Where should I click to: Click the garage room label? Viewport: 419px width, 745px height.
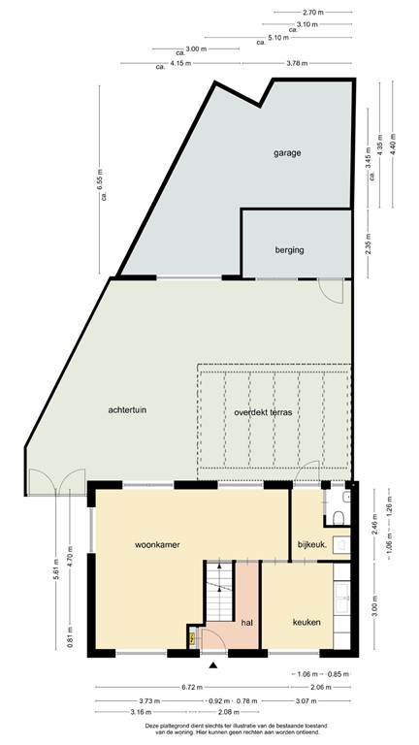click(286, 153)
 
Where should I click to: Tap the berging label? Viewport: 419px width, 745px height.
click(289, 249)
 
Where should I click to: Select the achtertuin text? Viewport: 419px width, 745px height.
click(128, 409)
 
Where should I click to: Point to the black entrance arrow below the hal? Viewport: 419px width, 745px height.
click(213, 664)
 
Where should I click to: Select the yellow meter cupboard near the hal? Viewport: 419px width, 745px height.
click(192, 637)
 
